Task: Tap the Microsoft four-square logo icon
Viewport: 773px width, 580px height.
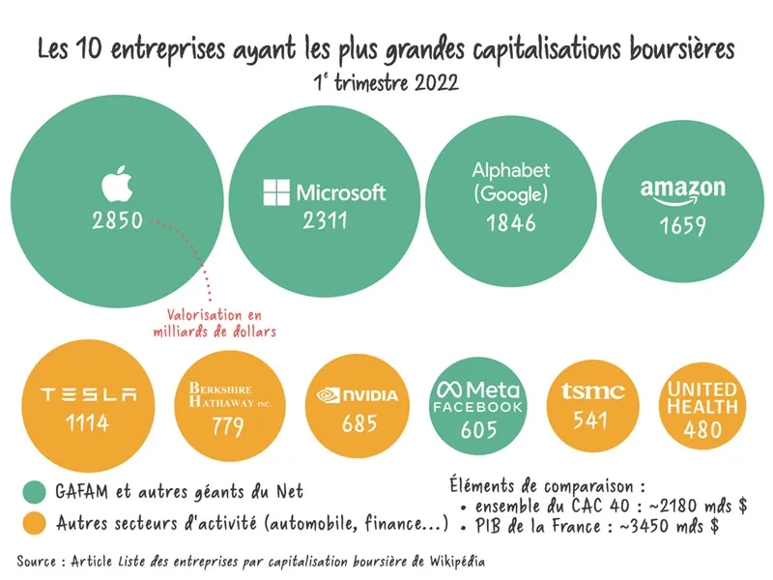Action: point(275,191)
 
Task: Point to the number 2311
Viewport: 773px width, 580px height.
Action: point(324,221)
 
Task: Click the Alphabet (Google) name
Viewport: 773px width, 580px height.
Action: point(510,182)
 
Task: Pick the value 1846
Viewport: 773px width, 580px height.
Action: point(510,223)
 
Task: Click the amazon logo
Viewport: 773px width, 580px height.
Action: point(682,190)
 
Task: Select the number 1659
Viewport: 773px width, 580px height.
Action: point(683,227)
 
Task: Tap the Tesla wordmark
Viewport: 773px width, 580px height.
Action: point(89,393)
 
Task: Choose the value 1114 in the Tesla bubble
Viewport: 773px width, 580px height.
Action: point(89,422)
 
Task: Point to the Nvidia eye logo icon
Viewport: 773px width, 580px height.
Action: point(328,394)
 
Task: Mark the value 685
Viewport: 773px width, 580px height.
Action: point(358,423)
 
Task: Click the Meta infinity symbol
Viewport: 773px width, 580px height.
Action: point(449,390)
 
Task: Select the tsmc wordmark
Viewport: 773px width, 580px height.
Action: point(592,391)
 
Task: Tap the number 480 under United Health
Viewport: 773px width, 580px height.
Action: point(701,430)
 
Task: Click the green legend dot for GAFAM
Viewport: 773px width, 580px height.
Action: point(36,491)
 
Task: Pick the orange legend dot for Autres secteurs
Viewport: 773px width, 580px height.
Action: point(36,525)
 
